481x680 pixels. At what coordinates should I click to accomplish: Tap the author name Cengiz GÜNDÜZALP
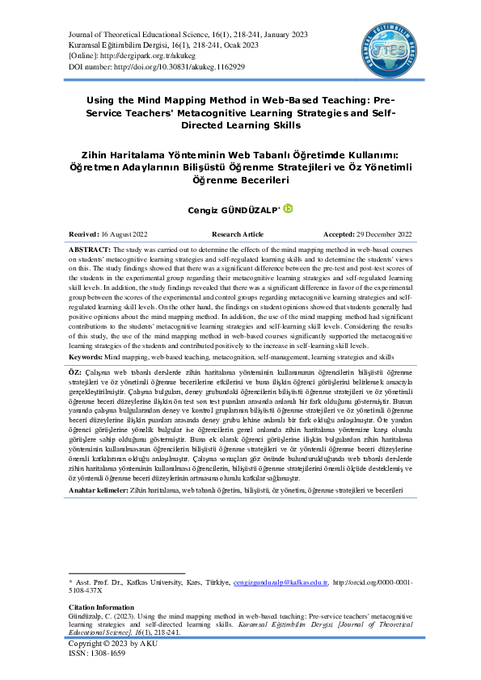pyautogui.click(x=238, y=209)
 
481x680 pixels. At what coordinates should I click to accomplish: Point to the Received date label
pyautogui.click(x=85, y=233)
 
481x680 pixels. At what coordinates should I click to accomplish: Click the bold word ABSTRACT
pyautogui.click(x=89, y=250)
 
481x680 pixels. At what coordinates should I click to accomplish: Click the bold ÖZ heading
pyautogui.click(x=74, y=369)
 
